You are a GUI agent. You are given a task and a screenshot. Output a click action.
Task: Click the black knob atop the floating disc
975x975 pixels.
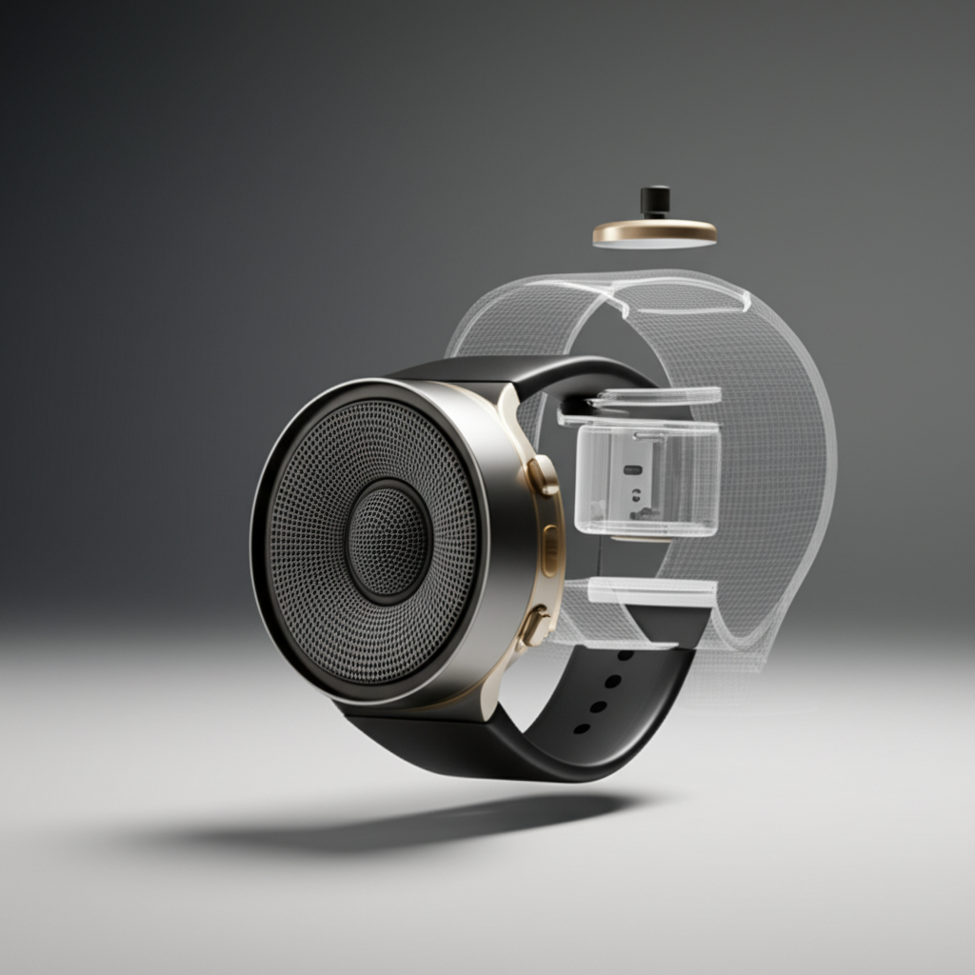(654, 201)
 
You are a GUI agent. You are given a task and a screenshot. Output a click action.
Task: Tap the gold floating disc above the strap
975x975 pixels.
(654, 231)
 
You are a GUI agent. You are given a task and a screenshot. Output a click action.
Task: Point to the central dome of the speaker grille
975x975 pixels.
(388, 540)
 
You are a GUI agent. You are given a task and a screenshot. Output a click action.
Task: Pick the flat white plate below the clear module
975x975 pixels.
(651, 592)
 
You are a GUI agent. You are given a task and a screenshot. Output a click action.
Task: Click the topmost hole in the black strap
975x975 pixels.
(626, 655)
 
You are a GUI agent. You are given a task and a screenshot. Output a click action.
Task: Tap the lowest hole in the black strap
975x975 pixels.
(581, 728)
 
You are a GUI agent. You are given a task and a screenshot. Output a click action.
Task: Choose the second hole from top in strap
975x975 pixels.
(613, 681)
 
